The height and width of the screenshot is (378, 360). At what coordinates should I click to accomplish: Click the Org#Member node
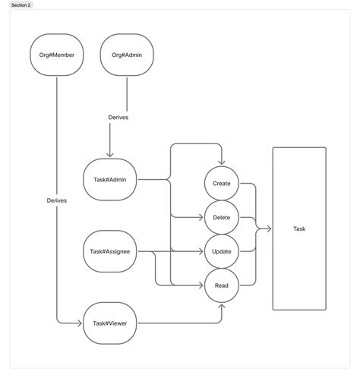pyautogui.click(x=57, y=55)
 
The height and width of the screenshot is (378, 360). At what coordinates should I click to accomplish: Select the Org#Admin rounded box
pyautogui.click(x=127, y=55)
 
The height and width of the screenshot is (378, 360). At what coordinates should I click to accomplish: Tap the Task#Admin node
pyautogui.click(x=109, y=180)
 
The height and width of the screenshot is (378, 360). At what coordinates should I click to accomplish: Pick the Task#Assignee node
pyautogui.click(x=109, y=251)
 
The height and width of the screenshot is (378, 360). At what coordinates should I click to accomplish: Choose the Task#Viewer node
pyautogui.click(x=109, y=323)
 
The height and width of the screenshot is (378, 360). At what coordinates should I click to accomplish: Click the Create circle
pyautogui.click(x=222, y=184)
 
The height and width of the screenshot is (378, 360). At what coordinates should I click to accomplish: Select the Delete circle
pyautogui.click(x=222, y=218)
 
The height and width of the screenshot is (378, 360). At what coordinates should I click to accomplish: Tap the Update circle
pyautogui.click(x=222, y=251)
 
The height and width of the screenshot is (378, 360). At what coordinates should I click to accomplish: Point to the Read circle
pyautogui.click(x=222, y=285)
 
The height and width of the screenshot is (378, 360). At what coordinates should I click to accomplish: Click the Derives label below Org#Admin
pyautogui.click(x=118, y=117)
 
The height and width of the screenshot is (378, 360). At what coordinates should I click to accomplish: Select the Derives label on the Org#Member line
pyautogui.click(x=57, y=200)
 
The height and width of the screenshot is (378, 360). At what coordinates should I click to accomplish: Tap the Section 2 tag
pyautogui.click(x=21, y=5)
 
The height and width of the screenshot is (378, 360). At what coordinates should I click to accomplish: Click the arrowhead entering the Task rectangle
pyautogui.click(x=269, y=228)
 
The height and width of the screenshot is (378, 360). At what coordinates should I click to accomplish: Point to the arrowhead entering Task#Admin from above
pyautogui.click(x=110, y=155)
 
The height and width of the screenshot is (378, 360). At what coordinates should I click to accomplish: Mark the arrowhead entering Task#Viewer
pyautogui.click(x=79, y=323)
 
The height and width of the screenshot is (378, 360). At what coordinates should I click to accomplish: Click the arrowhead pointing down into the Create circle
pyautogui.click(x=222, y=164)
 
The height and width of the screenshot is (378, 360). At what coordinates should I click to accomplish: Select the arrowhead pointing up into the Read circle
pyautogui.click(x=222, y=305)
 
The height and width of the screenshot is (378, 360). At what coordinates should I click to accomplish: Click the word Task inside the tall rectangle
pyautogui.click(x=298, y=228)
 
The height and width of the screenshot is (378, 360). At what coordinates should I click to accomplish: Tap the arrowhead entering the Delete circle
pyautogui.click(x=201, y=218)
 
